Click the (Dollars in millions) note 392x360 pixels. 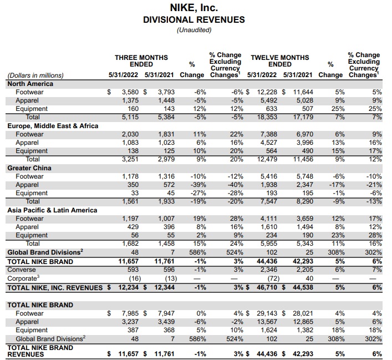[35, 75]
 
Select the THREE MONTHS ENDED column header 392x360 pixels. [141, 61]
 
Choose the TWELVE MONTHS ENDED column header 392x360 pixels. [280, 61]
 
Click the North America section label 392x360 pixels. [30, 84]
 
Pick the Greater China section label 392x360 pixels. [29, 168]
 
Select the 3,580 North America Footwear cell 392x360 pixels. [126, 92]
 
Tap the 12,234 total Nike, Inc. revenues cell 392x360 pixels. [125, 288]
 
